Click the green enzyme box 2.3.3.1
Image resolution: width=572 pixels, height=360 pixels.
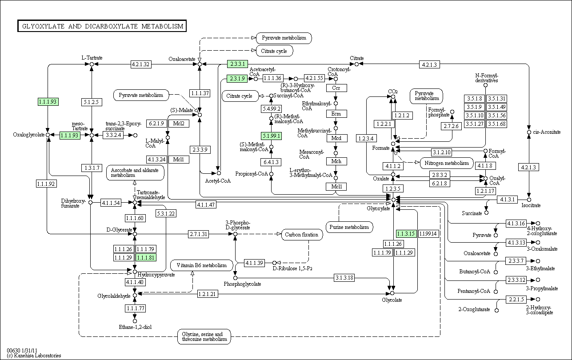(237, 64)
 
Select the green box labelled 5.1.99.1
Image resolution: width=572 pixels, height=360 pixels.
(271, 136)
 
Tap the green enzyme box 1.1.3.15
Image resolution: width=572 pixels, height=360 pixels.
(406, 234)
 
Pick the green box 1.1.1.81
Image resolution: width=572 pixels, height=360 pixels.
(146, 257)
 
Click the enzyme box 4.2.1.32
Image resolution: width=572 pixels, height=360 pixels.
(141, 64)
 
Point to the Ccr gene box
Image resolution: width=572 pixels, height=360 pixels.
(336, 88)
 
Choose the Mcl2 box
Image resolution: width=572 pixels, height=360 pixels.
(179, 124)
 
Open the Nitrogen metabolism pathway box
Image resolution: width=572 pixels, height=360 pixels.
(447, 163)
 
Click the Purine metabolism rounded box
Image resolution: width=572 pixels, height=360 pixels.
(349, 227)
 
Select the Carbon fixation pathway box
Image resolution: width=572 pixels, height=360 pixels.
(302, 235)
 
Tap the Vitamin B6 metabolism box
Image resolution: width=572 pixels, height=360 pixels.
(202, 265)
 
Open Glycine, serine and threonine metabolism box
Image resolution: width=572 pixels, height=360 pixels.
(204, 336)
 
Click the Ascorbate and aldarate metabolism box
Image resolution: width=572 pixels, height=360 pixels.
(135, 172)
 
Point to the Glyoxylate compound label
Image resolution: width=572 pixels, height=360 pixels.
(378, 208)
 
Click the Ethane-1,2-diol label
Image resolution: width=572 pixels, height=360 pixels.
(135, 327)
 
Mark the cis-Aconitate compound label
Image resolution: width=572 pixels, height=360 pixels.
(547, 132)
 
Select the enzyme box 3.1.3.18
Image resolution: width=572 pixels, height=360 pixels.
(344, 277)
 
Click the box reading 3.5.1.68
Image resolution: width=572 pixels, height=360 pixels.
(497, 124)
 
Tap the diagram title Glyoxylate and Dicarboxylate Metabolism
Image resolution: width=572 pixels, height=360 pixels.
(102, 26)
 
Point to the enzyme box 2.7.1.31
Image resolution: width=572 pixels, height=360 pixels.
(198, 234)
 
